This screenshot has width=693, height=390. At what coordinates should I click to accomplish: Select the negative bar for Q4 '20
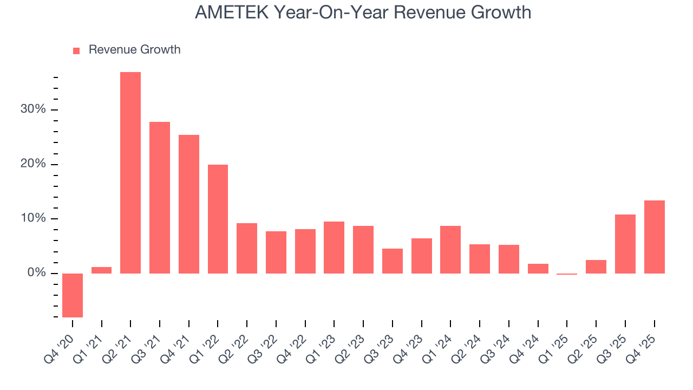click(x=73, y=295)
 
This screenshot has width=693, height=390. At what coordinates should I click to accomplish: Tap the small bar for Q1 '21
click(x=101, y=270)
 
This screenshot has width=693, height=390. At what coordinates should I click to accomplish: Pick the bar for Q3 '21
click(x=160, y=197)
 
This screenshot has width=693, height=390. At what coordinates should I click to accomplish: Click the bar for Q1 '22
click(x=218, y=219)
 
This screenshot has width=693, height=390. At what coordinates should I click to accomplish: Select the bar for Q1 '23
click(x=334, y=247)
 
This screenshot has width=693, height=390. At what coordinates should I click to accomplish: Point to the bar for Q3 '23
click(x=393, y=261)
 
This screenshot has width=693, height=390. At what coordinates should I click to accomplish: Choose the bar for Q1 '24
click(x=450, y=249)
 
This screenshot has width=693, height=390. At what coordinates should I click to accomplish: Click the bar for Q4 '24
click(x=538, y=268)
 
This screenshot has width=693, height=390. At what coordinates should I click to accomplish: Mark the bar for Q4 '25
click(x=655, y=237)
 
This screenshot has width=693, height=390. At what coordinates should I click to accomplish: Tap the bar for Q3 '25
click(x=625, y=244)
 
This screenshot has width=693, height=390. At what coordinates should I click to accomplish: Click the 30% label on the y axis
click(x=33, y=109)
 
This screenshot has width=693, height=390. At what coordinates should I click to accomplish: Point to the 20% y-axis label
click(x=33, y=164)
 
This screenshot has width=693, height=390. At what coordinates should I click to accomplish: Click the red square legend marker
click(x=76, y=50)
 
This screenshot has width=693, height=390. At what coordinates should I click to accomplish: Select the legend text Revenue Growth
click(x=134, y=50)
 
